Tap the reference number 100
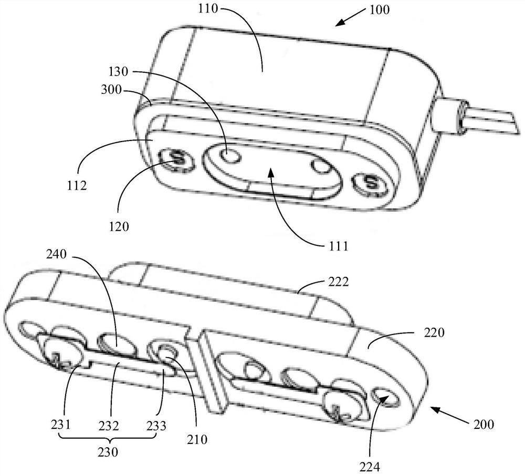[380, 9]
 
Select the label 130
[119, 72]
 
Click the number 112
[77, 185]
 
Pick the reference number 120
[119, 226]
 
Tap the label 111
[339, 246]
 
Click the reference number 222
[339, 282]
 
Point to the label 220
[434, 332]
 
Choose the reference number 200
[484, 424]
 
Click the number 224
[370, 467]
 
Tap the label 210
[197, 439]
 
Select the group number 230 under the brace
[108, 452]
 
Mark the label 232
[109, 426]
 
